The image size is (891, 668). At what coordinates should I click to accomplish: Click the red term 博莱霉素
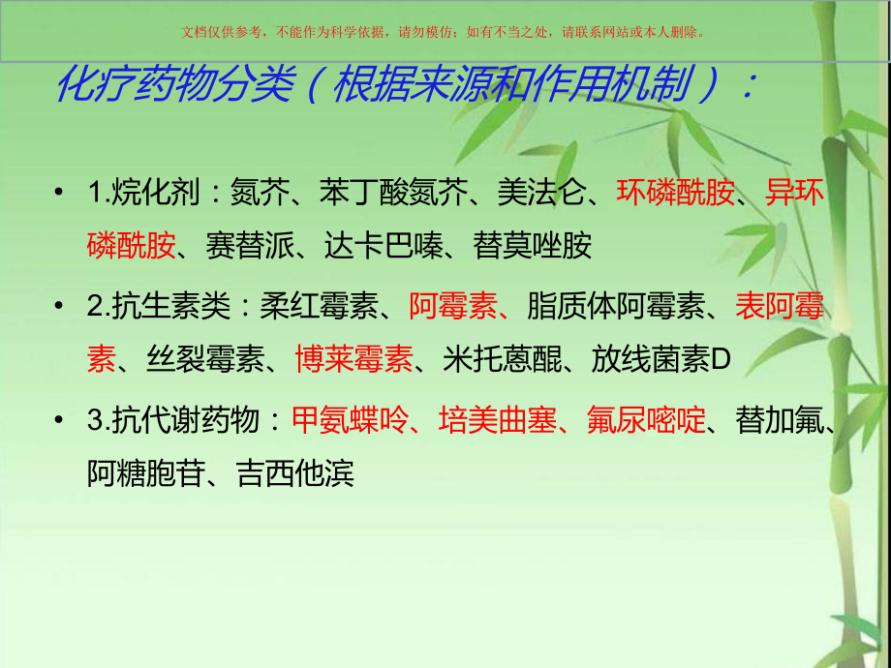pyautogui.click(x=353, y=360)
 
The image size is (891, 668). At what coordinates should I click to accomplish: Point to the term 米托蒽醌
pyautogui.click(x=502, y=360)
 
